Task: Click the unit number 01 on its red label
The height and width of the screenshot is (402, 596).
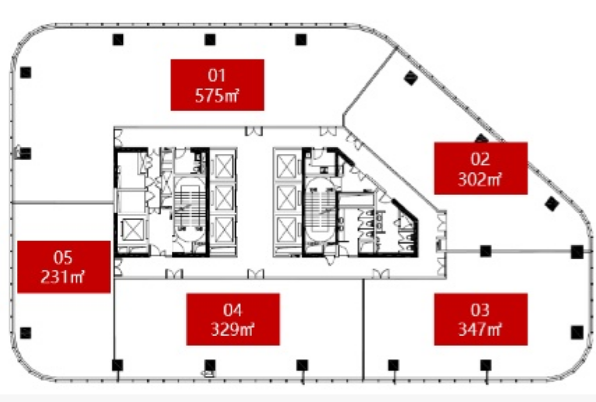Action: coord(217,75)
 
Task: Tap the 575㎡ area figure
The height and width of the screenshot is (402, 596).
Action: coord(217,96)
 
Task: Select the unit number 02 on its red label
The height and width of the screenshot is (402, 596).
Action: coord(480,159)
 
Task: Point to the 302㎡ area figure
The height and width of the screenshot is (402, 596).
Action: coord(480,179)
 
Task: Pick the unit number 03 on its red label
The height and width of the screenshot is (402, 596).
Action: coord(480,311)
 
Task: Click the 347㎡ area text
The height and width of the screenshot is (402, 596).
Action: coord(480,329)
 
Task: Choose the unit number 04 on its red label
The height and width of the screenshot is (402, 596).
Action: coord(233,311)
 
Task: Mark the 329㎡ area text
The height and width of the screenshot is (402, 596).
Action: coord(233,329)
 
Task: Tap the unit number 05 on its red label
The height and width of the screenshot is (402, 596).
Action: coord(63,258)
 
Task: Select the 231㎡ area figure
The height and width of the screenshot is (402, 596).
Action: coord(63,277)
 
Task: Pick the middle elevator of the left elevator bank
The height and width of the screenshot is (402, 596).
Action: coord(223,198)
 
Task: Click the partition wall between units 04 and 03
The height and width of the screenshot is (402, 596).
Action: coord(363,329)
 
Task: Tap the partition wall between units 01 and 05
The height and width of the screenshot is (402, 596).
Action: coord(63,203)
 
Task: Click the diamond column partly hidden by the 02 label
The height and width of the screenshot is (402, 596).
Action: coord(481,138)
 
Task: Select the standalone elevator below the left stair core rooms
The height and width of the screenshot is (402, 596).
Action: coord(132,231)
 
